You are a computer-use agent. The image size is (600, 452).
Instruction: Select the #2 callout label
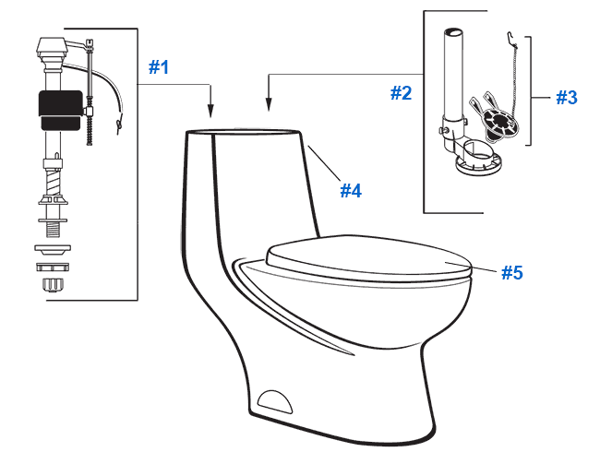point(400,92)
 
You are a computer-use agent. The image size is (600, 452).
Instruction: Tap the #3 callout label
point(566,97)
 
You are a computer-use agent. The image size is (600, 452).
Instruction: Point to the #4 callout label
point(350,191)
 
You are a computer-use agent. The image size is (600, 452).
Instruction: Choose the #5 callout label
point(513,272)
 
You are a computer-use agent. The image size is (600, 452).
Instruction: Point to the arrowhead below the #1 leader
point(212,113)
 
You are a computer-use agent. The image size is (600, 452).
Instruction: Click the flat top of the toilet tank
point(245,133)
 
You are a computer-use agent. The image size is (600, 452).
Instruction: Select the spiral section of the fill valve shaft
point(54,189)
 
